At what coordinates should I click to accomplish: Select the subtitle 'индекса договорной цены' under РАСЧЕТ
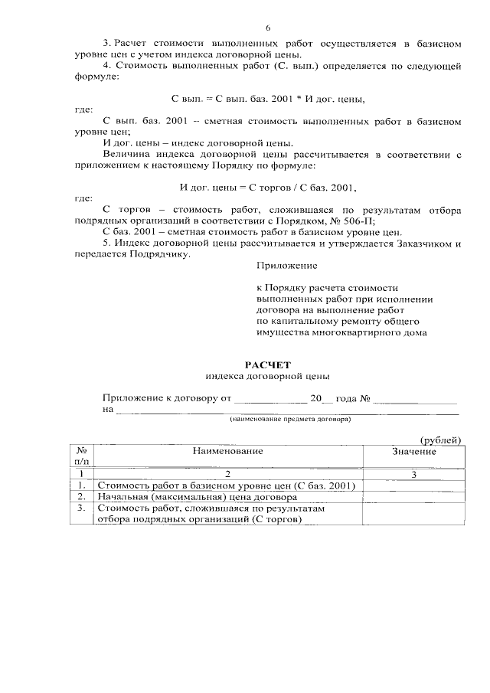pyautogui.click(x=268, y=377)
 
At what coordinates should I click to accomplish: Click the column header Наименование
pyautogui.click(x=227, y=451)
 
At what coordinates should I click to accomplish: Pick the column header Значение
pyautogui.click(x=413, y=451)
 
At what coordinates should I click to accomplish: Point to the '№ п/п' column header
pyautogui.click(x=81, y=456)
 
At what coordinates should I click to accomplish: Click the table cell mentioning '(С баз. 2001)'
pyautogui.click(x=227, y=485)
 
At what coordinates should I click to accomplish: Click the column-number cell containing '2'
pyautogui.click(x=227, y=475)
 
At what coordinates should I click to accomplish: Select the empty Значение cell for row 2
pyautogui.click(x=413, y=496)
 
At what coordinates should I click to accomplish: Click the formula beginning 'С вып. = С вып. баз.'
pyautogui.click(x=267, y=100)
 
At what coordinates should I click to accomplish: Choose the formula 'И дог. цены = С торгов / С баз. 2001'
pyautogui.click(x=268, y=186)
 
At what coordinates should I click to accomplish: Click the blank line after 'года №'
pyautogui.click(x=416, y=398)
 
